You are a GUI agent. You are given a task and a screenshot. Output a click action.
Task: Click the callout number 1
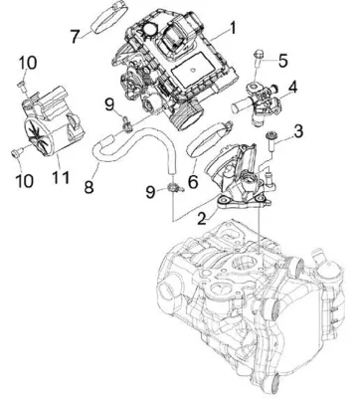click(232, 29)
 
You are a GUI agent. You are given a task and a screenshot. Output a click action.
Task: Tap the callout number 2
click(202, 219)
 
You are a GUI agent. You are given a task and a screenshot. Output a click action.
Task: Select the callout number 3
click(297, 131)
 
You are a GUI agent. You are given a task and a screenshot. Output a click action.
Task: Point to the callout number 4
click(291, 88)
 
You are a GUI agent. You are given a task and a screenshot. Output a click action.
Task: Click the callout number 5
click(282, 61)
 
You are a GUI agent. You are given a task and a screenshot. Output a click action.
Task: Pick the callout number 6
click(193, 181)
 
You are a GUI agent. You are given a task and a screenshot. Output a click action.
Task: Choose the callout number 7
click(76, 37)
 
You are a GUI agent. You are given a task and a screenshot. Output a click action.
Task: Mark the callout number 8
click(89, 186)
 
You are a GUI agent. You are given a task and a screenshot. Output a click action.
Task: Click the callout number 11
click(61, 178)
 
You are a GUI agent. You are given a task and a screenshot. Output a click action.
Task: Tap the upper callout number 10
click(27, 63)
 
